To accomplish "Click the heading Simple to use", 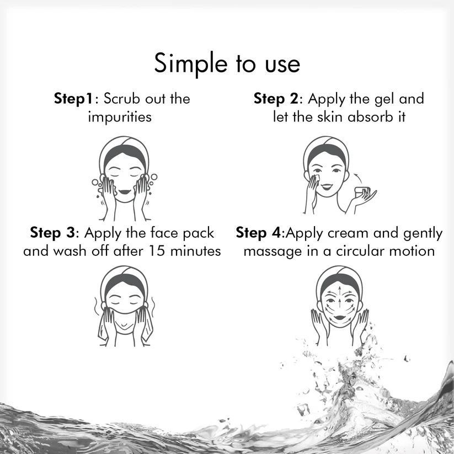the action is [227, 64].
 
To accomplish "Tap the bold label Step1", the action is [73, 99].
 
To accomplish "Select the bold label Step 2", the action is [276, 99].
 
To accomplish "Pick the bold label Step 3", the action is [52, 233].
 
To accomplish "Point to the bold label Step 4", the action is [258, 233].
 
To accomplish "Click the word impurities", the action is [120, 117].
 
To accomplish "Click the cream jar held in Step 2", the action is [362, 191].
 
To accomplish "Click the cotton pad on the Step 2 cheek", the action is [316, 178].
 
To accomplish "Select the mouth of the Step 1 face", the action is [125, 191].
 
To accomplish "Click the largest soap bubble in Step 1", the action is [154, 177].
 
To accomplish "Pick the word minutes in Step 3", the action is [195, 251].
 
